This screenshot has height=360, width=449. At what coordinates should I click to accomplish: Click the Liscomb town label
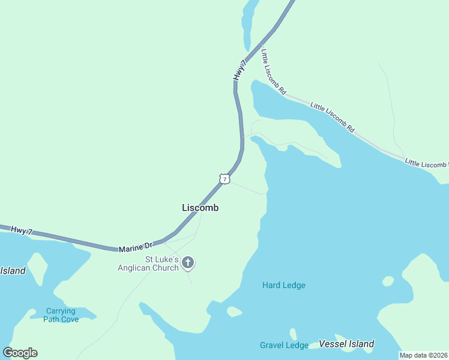pyautogui.click(x=200, y=208)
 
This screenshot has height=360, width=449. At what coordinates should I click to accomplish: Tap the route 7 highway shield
pyautogui.click(x=224, y=179)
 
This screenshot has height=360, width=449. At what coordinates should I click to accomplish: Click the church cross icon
pyautogui.click(x=188, y=263)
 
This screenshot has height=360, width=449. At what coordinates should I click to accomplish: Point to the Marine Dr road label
pyautogui.click(x=136, y=246)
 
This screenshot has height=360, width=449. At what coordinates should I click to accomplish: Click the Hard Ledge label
pyautogui.click(x=283, y=285)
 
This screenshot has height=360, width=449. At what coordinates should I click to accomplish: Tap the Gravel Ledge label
pyautogui.click(x=284, y=345)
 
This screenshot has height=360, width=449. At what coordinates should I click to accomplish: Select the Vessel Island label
pyautogui.click(x=346, y=344)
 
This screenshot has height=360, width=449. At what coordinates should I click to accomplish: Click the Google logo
pyautogui.click(x=20, y=353)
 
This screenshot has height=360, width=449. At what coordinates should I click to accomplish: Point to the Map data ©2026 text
pyautogui.click(x=424, y=355)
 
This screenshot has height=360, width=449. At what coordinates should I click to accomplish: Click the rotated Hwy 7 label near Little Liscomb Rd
pyautogui.click(x=240, y=70)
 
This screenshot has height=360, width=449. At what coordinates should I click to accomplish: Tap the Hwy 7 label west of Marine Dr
pyautogui.click(x=22, y=230)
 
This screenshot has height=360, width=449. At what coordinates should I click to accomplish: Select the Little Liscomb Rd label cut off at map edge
pyautogui.click(x=426, y=163)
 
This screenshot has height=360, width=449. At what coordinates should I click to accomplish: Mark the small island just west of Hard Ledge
pyautogui.click(x=234, y=311)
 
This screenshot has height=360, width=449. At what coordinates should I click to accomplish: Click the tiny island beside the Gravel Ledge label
pyautogui.click(x=293, y=334)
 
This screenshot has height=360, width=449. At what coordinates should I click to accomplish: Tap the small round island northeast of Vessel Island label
pyautogui.click(x=388, y=281)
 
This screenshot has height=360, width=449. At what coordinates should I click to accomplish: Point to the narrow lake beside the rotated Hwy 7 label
pyautogui.click(x=248, y=24)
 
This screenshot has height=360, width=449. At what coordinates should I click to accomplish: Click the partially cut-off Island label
pyautogui.click(x=13, y=271)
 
